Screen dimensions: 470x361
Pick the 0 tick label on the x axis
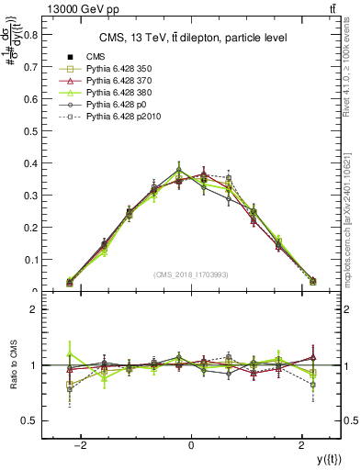pyautogui.click(x=191, y=446)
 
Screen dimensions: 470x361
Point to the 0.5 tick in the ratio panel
pyautogui.click(x=31, y=420)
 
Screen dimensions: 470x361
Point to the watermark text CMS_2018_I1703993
pyautogui.click(x=191, y=274)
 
